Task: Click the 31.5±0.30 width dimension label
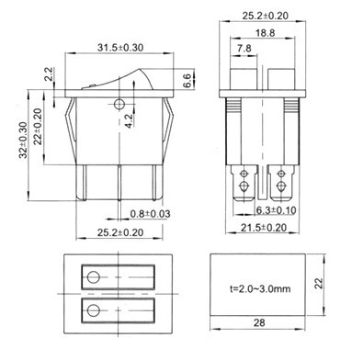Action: [120, 48]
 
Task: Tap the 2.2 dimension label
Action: [49, 73]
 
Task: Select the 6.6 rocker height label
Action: [187, 81]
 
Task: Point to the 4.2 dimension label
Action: [129, 121]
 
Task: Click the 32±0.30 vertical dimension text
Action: [23, 140]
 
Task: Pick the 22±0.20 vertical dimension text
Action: [38, 127]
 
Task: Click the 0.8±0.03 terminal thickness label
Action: [150, 214]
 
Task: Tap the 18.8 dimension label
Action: [266, 33]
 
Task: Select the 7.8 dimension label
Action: [244, 48]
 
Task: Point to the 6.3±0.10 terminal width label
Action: [276, 210]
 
